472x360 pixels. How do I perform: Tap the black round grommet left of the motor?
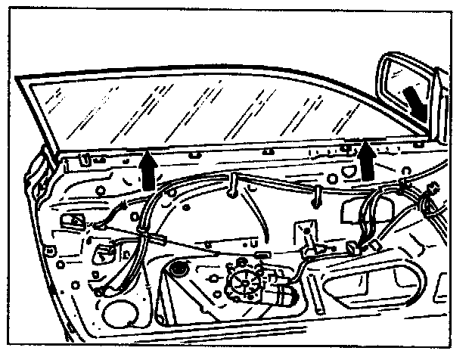point(179,268)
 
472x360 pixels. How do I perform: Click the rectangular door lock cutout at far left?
point(74,220)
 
